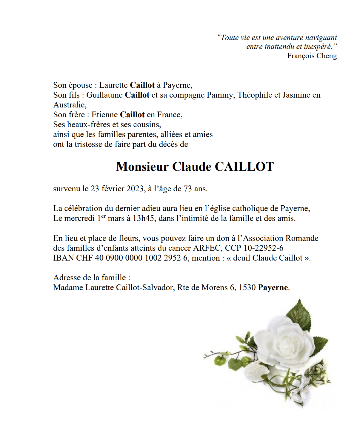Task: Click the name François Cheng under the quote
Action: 312,56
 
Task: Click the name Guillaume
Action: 104,95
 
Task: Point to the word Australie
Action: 70,105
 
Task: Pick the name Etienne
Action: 104,115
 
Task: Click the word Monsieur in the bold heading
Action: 142,167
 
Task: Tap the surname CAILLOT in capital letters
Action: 244,167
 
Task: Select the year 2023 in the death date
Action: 135,189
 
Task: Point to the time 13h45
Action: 143,218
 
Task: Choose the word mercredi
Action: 80,218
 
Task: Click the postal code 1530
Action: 247,287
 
